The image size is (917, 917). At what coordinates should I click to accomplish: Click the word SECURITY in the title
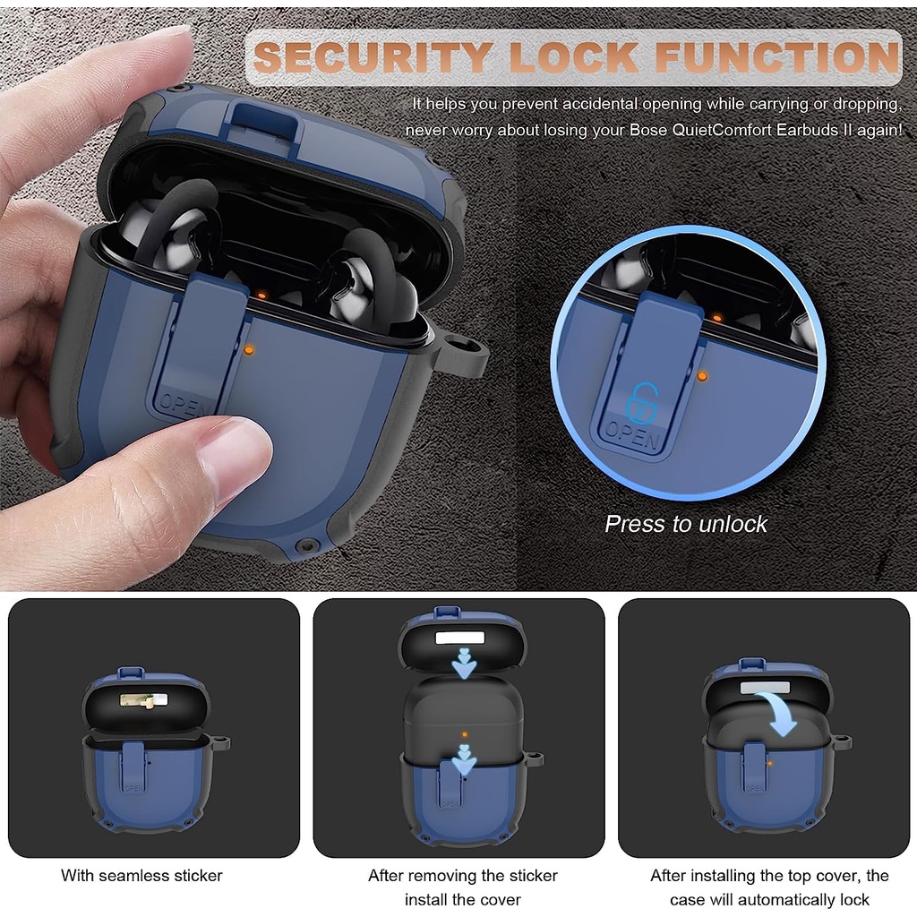coord(372,56)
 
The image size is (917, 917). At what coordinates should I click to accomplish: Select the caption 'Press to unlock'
coord(686,524)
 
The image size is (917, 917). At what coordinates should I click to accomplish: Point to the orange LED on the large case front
coord(249,350)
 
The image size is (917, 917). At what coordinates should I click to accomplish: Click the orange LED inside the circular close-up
coord(702,377)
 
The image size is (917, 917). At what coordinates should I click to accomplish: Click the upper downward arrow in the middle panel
coord(464,663)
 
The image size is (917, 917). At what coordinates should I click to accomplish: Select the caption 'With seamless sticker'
coord(141,876)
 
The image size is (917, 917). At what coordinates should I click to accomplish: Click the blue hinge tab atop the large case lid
coord(264,124)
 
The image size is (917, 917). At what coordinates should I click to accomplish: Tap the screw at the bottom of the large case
coord(306,546)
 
